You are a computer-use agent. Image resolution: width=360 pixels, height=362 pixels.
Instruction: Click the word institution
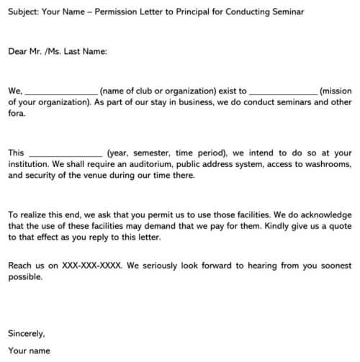(32, 164)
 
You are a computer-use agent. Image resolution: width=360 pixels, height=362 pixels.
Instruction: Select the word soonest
(333, 266)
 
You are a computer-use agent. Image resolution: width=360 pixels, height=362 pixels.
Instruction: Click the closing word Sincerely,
(27, 333)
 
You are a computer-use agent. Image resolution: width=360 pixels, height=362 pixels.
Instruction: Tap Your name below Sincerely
(29, 351)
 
